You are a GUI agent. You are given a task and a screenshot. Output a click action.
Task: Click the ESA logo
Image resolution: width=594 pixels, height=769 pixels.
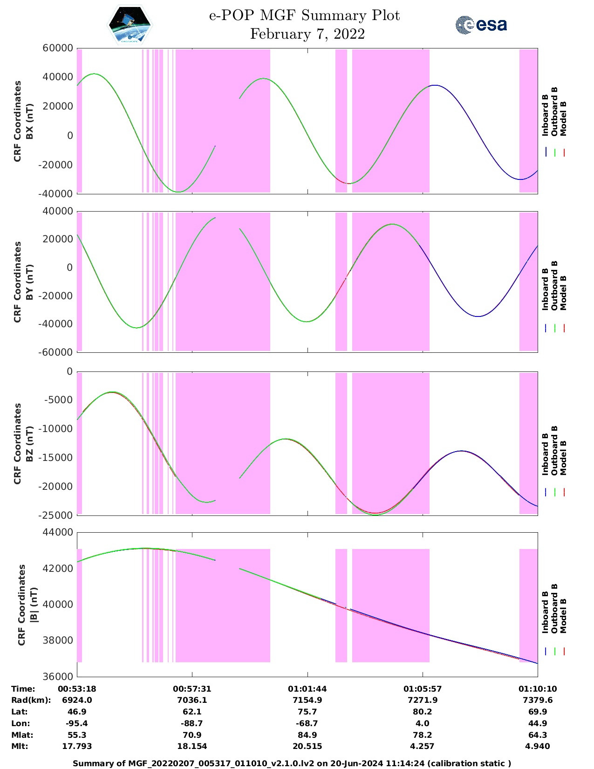click(481, 25)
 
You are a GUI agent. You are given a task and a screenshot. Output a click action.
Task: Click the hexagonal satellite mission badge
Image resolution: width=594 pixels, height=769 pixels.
click(130, 25)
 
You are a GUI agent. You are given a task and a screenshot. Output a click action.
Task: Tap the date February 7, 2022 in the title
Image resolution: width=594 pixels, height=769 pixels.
click(307, 34)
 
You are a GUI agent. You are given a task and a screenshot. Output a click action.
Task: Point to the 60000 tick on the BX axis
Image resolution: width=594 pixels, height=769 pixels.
click(58, 48)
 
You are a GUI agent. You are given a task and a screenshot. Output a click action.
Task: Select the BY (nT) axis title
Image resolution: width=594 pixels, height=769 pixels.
click(29, 282)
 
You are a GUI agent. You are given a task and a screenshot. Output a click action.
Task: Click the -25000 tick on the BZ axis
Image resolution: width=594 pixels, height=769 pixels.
click(56, 515)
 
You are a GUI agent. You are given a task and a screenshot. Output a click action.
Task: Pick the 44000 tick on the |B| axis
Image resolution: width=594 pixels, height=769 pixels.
click(58, 532)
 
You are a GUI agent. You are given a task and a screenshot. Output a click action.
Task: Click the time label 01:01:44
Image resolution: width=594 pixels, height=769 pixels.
click(307, 689)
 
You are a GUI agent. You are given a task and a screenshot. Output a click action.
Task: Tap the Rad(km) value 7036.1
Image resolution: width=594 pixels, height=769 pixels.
click(192, 700)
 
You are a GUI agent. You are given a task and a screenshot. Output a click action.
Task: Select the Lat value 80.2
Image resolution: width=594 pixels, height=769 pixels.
click(423, 712)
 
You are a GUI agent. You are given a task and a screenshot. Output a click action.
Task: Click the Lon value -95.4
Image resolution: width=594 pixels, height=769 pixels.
click(77, 723)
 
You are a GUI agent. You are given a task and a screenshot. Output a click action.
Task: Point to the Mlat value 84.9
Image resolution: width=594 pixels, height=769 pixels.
click(307, 735)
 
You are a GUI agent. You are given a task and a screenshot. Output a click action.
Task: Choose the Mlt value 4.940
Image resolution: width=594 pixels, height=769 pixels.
click(538, 746)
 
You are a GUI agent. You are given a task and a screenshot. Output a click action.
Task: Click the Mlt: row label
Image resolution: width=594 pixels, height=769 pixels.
click(19, 746)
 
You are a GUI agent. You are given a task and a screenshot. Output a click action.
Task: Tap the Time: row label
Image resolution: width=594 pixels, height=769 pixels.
click(23, 689)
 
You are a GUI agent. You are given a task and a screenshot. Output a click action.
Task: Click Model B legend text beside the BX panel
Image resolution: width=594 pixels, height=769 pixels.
click(563, 118)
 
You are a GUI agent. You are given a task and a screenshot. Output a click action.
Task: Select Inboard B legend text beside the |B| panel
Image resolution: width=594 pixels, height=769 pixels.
click(545, 612)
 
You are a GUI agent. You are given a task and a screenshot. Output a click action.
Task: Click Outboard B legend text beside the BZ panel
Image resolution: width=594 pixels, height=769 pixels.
click(554, 450)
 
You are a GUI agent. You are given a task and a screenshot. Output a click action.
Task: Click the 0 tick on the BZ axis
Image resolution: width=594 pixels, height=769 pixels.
click(70, 371)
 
